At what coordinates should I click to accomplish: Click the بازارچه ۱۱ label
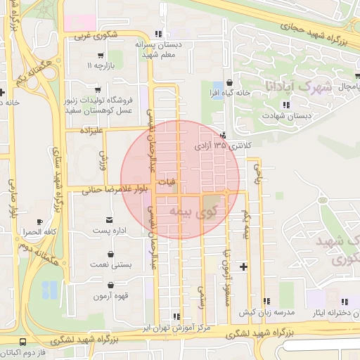click(x=100, y=65)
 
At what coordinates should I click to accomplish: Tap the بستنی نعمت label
click(x=108, y=264)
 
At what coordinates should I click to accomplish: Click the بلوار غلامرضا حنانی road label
click(x=114, y=189)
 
